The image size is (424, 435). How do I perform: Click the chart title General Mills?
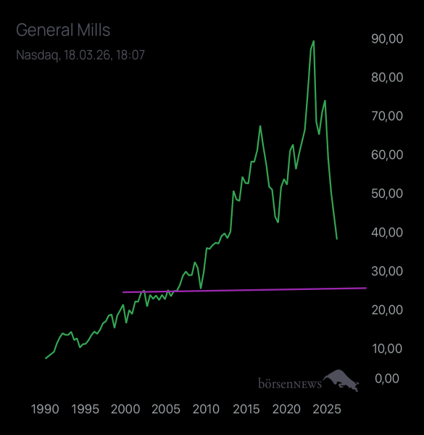click(63, 30)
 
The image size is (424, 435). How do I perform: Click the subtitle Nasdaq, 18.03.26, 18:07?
click(80, 54)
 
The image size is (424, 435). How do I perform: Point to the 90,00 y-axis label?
click(386, 39)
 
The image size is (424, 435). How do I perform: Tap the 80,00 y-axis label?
click(386, 78)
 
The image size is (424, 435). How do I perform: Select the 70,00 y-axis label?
click(386, 116)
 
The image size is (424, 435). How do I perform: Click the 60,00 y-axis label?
click(386, 154)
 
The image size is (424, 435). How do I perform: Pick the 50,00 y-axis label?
click(386, 194)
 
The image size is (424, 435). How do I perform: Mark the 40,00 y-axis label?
click(386, 232)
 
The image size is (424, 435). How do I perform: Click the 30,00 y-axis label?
click(386, 270)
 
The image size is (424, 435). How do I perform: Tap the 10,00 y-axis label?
click(386, 348)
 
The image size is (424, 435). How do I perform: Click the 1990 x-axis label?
click(45, 409)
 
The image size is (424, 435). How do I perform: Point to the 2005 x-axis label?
click(166, 409)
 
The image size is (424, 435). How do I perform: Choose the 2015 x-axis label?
click(246, 409)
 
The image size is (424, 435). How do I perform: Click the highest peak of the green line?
click(313, 41)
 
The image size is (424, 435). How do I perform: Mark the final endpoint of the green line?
click(336, 238)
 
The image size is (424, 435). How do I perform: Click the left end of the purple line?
click(124, 292)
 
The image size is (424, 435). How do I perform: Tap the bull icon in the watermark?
click(341, 379)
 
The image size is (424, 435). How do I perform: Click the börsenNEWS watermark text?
click(289, 382)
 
